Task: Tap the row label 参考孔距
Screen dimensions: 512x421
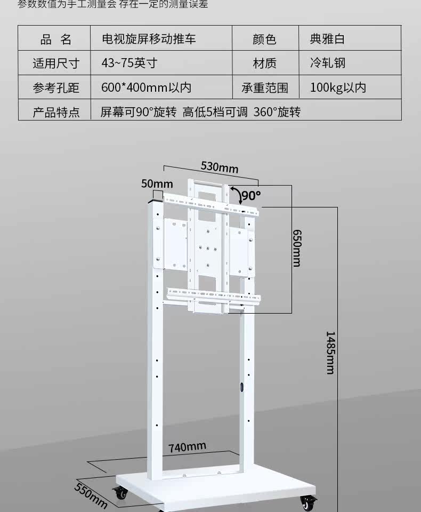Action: [x=55, y=87]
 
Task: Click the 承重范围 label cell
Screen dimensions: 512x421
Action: [x=265, y=87]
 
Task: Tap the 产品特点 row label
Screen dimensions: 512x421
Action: [x=55, y=112]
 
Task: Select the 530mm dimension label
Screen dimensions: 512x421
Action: [x=219, y=167]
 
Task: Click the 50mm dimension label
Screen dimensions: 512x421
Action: [x=153, y=183]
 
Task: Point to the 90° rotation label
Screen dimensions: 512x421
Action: [x=251, y=195]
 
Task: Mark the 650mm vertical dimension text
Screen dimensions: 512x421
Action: [x=297, y=248]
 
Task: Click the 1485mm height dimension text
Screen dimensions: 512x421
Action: [x=331, y=352]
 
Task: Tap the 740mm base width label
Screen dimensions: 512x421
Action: [x=187, y=447]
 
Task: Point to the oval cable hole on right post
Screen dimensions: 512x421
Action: [x=241, y=388]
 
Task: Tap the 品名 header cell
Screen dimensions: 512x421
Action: [x=55, y=39]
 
